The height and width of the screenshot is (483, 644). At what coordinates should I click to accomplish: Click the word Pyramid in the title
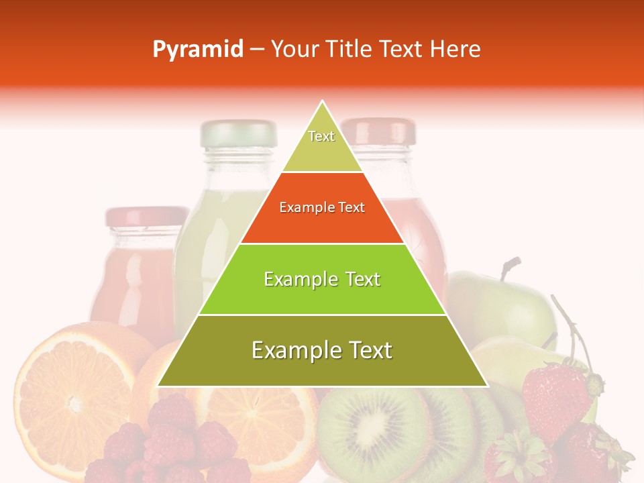(197, 50)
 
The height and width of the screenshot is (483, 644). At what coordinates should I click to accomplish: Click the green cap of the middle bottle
(238, 133)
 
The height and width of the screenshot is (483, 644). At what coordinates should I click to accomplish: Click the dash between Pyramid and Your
(256, 50)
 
